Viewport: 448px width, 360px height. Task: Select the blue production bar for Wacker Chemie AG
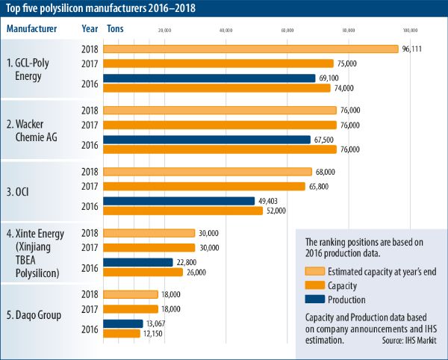(x=206, y=139)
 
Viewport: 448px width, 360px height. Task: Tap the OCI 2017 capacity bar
(x=204, y=186)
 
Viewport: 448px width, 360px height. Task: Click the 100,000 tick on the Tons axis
(x=409, y=31)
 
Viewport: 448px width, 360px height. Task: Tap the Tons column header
(x=116, y=28)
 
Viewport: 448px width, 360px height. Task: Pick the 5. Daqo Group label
(x=37, y=315)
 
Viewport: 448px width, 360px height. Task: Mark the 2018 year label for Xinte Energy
(x=90, y=233)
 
